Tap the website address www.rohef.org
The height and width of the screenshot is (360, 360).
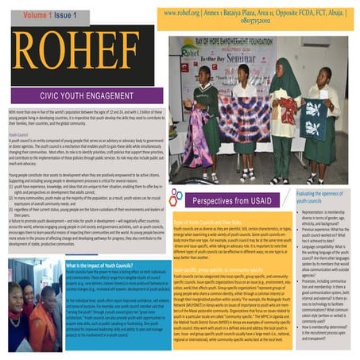click(x=187, y=13)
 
